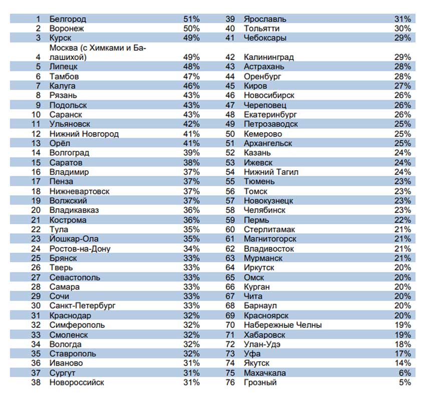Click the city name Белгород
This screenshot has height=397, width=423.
pyautogui.click(x=68, y=19)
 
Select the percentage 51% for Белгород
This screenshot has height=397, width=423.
pyautogui.click(x=191, y=19)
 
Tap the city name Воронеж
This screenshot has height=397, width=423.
pyautogui.click(x=67, y=29)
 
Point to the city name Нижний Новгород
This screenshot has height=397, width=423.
pyautogui.click(x=84, y=134)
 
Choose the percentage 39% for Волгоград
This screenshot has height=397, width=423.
pyautogui.click(x=191, y=153)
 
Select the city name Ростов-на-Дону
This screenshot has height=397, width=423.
pyautogui.click(x=80, y=249)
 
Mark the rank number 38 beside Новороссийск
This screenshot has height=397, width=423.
pyautogui.click(x=36, y=382)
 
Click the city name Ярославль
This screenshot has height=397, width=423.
pyautogui.click(x=265, y=19)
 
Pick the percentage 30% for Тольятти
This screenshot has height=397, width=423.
pyautogui.click(x=402, y=29)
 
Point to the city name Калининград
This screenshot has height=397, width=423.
pyautogui.click(x=268, y=57)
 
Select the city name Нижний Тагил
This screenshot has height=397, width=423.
pyautogui.click(x=271, y=172)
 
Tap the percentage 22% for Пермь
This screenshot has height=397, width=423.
pyautogui.click(x=402, y=220)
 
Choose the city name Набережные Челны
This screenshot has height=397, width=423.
pyautogui.click(x=282, y=325)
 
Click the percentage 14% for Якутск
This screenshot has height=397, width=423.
pyautogui.click(x=402, y=363)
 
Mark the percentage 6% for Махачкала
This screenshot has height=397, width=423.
pyautogui.click(x=405, y=373)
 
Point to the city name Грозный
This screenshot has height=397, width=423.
pyautogui.click(x=260, y=382)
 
